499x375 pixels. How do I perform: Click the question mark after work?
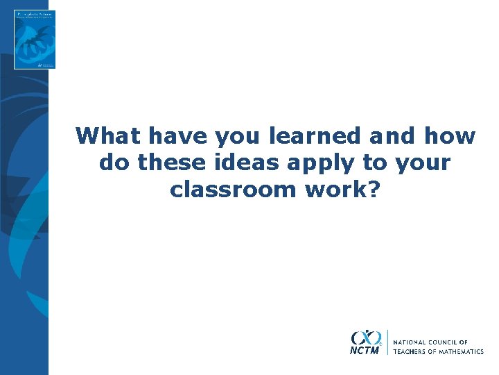(x=375, y=190)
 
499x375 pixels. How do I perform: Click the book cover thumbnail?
(x=34, y=40)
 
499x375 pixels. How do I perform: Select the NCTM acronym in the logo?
(x=365, y=351)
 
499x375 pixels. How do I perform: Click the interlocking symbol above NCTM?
(x=365, y=337)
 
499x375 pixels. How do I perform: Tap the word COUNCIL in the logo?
(x=446, y=342)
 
